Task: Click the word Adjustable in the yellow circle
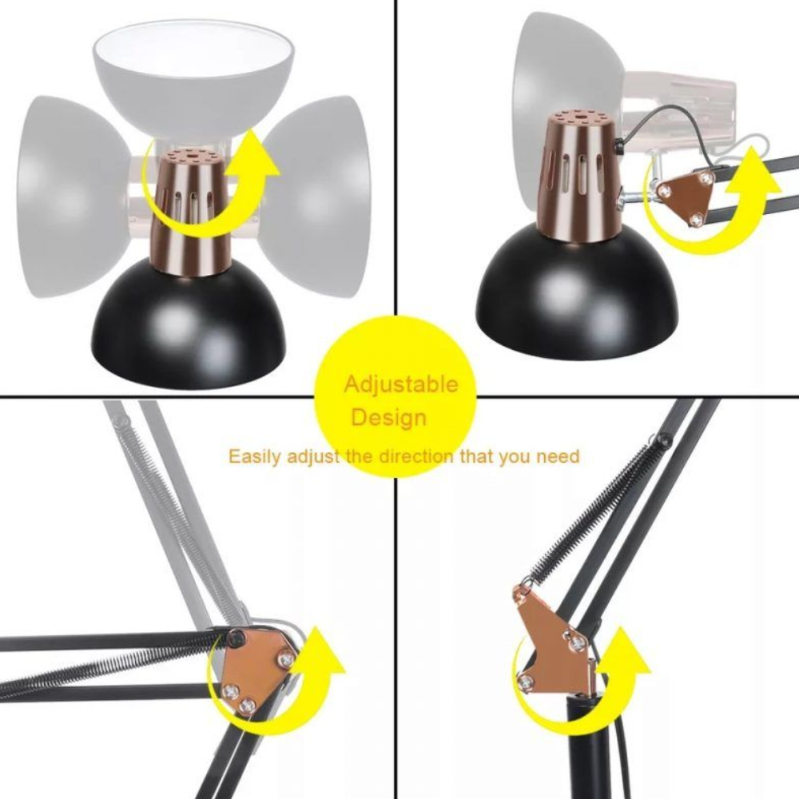pos(401,385)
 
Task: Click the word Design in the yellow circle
pos(389,417)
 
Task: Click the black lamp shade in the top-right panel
pos(578,292)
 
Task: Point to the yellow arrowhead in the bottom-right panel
pos(626,654)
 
